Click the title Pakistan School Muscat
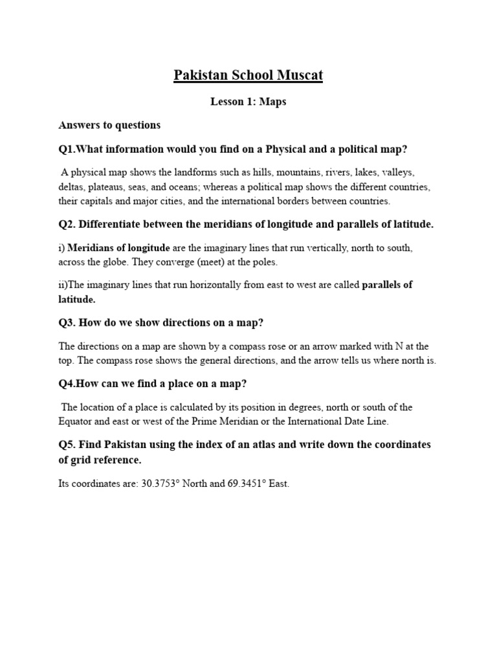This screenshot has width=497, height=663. (x=248, y=76)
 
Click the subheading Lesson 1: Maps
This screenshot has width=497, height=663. (x=248, y=102)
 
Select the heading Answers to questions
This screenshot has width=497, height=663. (x=109, y=124)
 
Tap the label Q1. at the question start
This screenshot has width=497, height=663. (x=67, y=150)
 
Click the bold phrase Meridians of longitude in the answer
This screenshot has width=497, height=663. (x=118, y=248)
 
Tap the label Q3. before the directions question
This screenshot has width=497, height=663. (x=67, y=323)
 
